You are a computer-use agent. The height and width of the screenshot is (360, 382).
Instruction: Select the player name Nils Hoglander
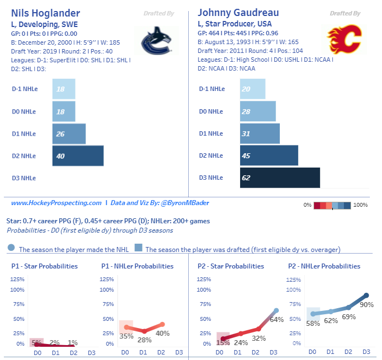point(45,13)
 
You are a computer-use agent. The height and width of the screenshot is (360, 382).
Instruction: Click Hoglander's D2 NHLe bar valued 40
point(78,155)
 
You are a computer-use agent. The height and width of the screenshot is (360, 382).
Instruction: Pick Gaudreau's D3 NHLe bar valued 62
point(280,178)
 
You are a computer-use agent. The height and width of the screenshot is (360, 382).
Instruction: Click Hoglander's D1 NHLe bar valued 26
point(69,133)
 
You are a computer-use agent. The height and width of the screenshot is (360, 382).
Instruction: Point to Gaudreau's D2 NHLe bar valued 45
point(269,155)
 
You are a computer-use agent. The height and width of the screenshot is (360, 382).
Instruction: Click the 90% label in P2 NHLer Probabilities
point(367,304)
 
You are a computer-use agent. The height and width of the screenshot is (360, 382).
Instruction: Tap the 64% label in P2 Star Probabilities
point(277,319)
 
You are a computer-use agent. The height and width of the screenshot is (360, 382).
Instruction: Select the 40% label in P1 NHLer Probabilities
point(162,333)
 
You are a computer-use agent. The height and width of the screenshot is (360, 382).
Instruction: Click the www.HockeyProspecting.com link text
point(56,203)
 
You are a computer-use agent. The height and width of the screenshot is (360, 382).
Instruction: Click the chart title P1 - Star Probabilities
point(45,266)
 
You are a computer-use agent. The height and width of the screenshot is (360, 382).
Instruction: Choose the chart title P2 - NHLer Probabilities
point(324,266)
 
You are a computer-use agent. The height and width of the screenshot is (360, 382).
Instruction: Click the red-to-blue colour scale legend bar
point(332,205)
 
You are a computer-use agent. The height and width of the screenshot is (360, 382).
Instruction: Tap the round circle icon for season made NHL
point(12,248)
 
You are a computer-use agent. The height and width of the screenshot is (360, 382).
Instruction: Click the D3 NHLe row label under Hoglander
point(24,178)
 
